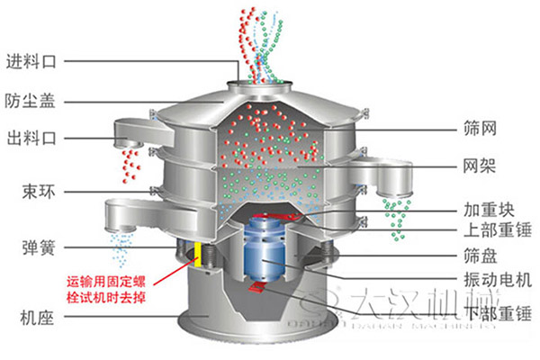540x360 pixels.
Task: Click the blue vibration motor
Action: click(267, 247)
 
